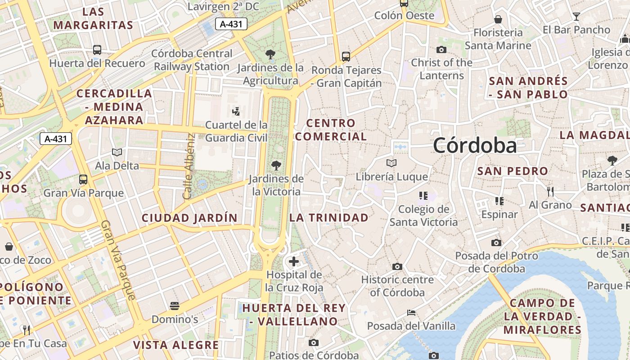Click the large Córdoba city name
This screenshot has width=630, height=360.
point(475,146)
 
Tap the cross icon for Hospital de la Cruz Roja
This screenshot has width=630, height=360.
point(294,261)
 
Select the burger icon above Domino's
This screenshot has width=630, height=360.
point(175,306)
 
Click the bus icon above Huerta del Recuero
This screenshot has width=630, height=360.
point(97,50)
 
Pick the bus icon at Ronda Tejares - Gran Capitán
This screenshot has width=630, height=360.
point(346,57)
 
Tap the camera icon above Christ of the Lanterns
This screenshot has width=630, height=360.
point(441,49)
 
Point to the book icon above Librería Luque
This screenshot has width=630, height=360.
point(391,163)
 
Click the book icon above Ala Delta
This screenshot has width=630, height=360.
point(117,153)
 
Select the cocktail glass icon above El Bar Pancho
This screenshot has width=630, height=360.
point(576,17)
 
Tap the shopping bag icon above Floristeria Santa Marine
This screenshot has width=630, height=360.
point(498,19)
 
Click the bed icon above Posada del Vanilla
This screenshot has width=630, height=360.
point(411,312)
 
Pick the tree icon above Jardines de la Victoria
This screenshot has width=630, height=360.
point(276,166)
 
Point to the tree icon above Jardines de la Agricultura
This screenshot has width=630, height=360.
point(270,55)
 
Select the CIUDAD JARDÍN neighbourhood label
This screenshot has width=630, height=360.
point(189,218)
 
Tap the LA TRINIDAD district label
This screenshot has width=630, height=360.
point(328,218)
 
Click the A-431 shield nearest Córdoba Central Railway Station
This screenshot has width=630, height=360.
point(231,24)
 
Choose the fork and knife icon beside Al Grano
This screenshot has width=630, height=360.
point(550,192)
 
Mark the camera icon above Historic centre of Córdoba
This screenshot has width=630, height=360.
point(397,266)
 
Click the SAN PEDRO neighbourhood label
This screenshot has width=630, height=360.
point(513,171)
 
